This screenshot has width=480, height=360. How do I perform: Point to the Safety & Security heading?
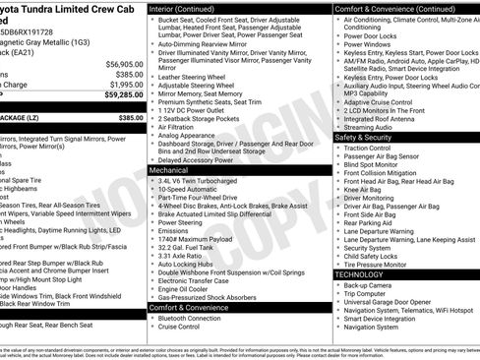tap(364, 138)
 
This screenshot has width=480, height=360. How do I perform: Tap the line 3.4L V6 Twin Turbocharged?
tap(202, 181)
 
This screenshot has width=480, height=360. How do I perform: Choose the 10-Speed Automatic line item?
tap(191, 190)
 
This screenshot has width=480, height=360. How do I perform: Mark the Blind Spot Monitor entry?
tap(373, 163)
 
